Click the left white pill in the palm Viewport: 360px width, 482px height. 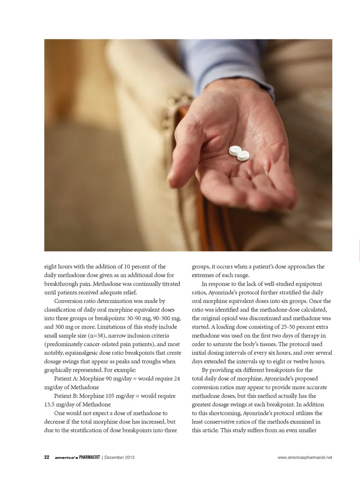235,150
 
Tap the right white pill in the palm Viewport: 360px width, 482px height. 243,155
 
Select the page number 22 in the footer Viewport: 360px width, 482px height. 47,457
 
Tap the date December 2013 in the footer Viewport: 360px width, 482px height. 119,457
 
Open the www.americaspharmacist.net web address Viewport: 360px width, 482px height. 305,457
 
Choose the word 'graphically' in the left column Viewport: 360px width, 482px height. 58,370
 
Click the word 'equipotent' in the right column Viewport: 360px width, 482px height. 309,284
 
